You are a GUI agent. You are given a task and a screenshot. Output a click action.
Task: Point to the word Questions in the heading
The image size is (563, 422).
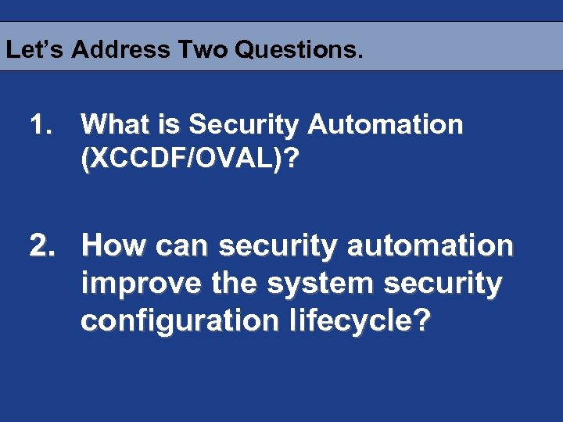click(x=298, y=50)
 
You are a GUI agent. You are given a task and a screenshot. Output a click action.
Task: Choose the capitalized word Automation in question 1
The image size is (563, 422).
click(x=386, y=124)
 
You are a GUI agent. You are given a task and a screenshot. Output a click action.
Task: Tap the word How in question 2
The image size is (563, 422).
click(x=115, y=246)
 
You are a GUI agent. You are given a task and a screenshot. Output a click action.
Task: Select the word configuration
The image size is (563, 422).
click(x=179, y=321)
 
